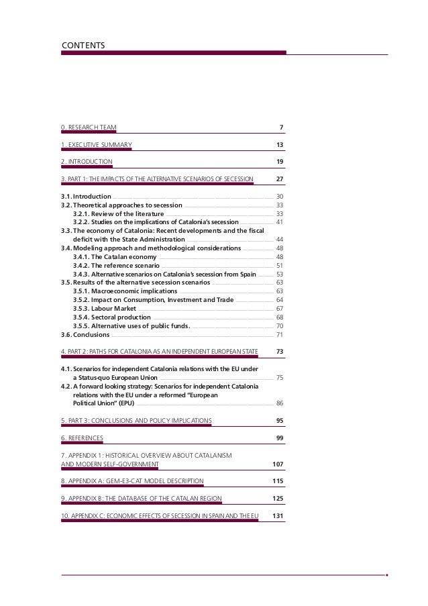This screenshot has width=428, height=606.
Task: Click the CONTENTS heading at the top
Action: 83,45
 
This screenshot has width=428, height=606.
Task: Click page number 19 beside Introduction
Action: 280,162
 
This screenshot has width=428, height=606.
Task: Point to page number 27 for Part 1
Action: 280,179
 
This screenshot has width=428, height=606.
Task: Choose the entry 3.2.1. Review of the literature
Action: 118,213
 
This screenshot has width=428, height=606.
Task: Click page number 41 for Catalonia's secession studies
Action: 280,222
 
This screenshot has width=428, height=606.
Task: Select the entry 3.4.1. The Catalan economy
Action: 115,256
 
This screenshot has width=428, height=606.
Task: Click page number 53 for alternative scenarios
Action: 280,274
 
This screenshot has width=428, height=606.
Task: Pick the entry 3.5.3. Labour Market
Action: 106,308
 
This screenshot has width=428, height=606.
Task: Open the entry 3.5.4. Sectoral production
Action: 111,317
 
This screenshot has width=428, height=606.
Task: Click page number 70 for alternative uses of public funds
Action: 280,325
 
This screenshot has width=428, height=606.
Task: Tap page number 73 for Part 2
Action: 280,352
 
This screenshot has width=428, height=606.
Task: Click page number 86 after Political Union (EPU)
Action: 280,403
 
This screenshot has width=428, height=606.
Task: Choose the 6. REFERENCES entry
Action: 82,438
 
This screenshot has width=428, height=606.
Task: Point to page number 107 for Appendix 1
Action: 278,464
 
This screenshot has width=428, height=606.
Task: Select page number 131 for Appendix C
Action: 278,515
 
